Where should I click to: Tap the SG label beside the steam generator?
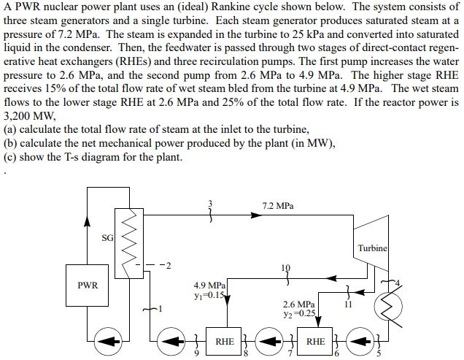(107, 238)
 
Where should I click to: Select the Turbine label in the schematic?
(373, 248)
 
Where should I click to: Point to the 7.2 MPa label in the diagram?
(278, 206)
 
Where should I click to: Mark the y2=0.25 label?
(300, 314)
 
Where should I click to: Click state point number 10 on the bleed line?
(286, 268)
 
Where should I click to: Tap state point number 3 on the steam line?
(211, 203)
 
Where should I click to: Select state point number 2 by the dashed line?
(168, 266)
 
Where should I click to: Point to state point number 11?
(348, 305)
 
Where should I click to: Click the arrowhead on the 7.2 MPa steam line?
(257, 215)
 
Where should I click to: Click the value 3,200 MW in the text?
(29, 116)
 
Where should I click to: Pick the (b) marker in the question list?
(10, 143)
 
